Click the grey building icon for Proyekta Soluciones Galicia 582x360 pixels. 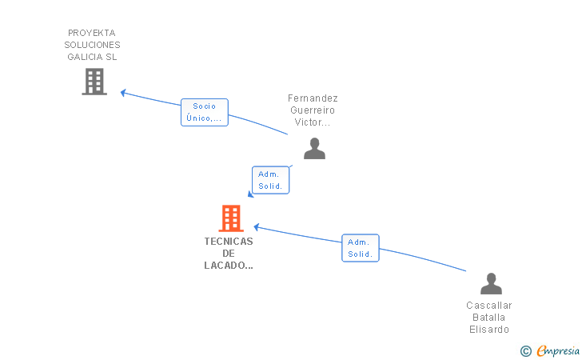(94, 82)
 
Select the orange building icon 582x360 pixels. (231, 218)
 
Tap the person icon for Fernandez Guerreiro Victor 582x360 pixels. (314, 149)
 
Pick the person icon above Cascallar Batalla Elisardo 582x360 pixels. (491, 284)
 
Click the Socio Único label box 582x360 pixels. (205, 112)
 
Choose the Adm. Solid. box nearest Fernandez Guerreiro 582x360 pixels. (270, 180)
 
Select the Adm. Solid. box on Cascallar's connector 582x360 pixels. (361, 248)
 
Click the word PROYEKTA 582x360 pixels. (92, 33)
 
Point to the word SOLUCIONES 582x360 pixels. (92, 45)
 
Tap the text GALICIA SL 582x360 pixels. (92, 57)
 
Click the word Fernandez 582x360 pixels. (313, 98)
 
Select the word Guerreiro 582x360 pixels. (313, 110)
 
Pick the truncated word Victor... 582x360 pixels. (312, 122)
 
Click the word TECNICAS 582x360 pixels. (229, 242)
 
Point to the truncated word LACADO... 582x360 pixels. (229, 266)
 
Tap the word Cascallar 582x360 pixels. (489, 306)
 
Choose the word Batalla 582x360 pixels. (488, 318)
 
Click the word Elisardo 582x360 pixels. (489, 329)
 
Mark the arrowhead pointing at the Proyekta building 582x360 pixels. (123, 93)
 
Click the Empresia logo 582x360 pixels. (550, 350)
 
